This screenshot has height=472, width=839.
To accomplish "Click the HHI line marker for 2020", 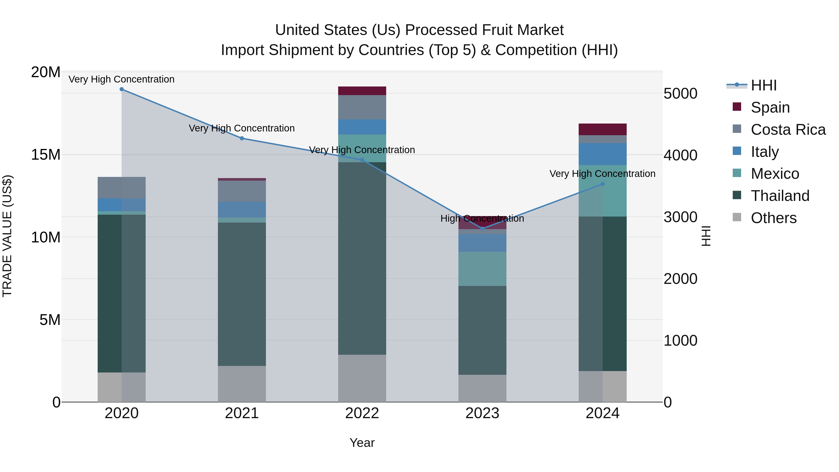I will pyautogui.click(x=121, y=89).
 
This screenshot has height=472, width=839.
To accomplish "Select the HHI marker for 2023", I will pyautogui.click(x=482, y=229).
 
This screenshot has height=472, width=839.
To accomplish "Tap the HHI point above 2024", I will pyautogui.click(x=602, y=184).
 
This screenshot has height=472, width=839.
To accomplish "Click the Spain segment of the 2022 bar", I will pyautogui.click(x=362, y=91).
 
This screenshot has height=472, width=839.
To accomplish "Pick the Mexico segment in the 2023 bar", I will pyautogui.click(x=482, y=269).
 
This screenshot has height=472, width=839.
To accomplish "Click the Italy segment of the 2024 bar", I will pyautogui.click(x=602, y=154).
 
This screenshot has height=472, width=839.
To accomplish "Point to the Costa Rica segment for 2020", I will pyautogui.click(x=121, y=188).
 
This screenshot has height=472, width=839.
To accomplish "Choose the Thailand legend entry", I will pyautogui.click(x=780, y=196).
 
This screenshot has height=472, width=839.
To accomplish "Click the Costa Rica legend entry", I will pyautogui.click(x=788, y=130).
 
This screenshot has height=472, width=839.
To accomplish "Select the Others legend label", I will pyautogui.click(x=774, y=218).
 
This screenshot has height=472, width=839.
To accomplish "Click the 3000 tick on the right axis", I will pyautogui.click(x=680, y=217).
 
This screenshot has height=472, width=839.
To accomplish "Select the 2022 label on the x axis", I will pyautogui.click(x=362, y=413).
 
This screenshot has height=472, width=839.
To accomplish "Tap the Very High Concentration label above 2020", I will pyautogui.click(x=121, y=79).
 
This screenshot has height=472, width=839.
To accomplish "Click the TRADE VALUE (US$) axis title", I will pyautogui.click(x=7, y=236).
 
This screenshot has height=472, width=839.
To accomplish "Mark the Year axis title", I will pyautogui.click(x=362, y=443).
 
